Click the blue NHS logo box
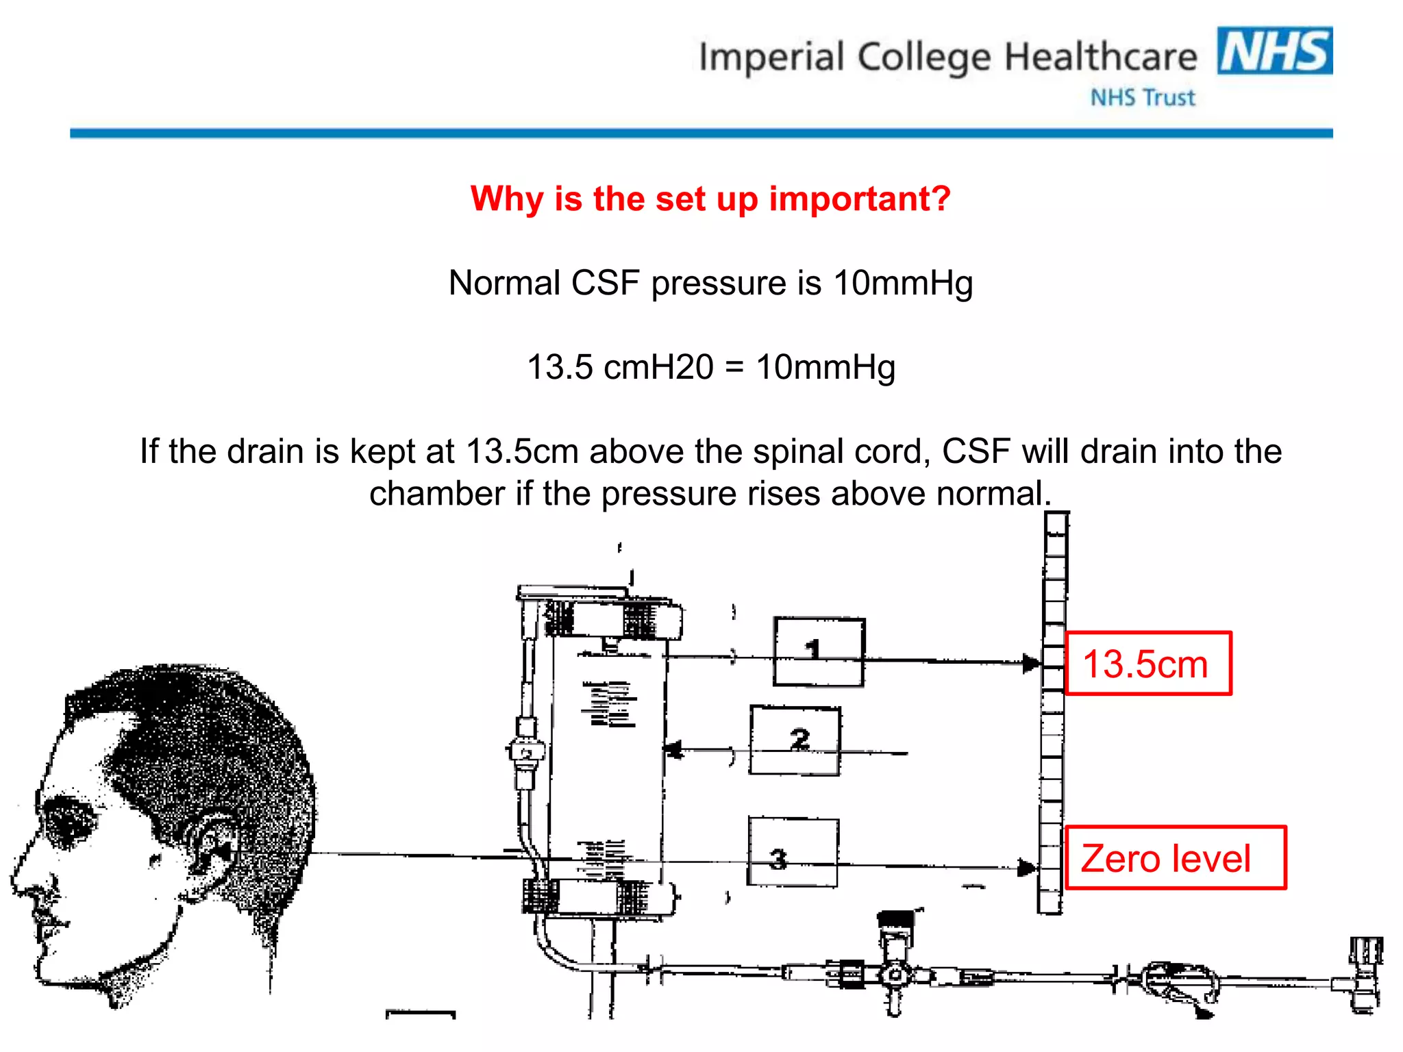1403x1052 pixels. tap(1274, 51)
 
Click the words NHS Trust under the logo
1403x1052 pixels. tap(1142, 98)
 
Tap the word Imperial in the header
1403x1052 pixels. tap(771, 57)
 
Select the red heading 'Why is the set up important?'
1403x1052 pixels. tap(710, 199)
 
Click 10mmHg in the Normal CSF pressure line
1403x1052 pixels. tap(903, 284)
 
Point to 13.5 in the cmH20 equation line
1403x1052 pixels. tap(560, 367)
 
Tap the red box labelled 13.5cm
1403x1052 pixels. tap(1148, 664)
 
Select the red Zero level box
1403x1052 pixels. tap(1175, 858)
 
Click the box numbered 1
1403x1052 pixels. tap(819, 651)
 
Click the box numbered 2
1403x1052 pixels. tap(795, 740)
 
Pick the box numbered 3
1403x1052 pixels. tap(793, 852)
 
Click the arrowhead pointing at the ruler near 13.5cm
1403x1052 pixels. tap(1031, 663)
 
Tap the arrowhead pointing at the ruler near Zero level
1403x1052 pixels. tap(1027, 868)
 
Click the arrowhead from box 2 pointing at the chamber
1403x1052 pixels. tap(674, 750)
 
